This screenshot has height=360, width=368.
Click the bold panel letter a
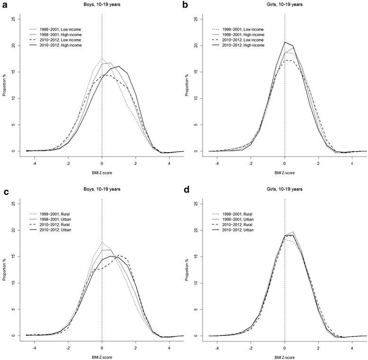[4, 4]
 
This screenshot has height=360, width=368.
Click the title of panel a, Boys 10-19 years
[102, 5]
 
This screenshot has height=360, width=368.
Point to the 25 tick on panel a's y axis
[16, 19]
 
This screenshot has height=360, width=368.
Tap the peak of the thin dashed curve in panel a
[102, 59]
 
